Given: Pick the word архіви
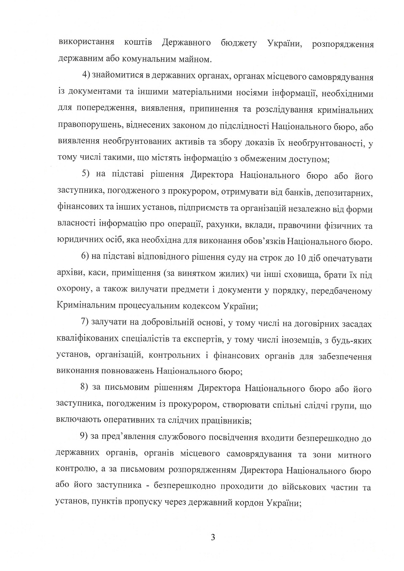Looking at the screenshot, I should tap(69, 274).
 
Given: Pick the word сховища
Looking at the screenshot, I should tap(300, 274).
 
